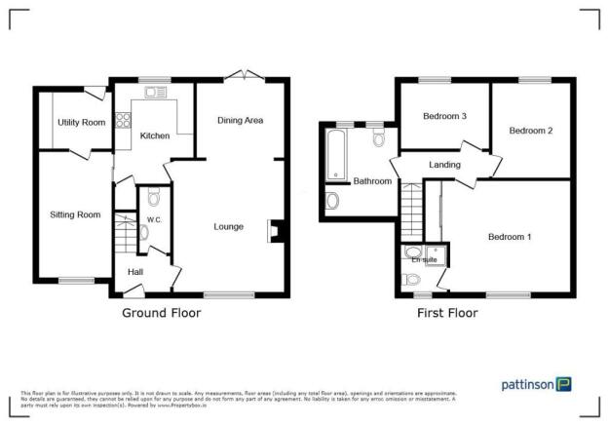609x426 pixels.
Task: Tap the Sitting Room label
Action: coord(75,214)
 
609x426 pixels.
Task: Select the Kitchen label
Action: coord(155,136)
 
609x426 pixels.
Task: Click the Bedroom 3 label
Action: coord(444,116)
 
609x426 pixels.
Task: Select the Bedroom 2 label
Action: coord(531,130)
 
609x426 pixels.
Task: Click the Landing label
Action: coord(444,166)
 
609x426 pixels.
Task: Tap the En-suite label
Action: coord(424,260)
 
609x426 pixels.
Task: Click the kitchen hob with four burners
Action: coord(125,122)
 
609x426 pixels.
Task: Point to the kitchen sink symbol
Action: coord(154,93)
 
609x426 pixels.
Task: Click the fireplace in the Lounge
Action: coord(276,230)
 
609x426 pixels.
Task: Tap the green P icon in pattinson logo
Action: coord(564,384)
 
